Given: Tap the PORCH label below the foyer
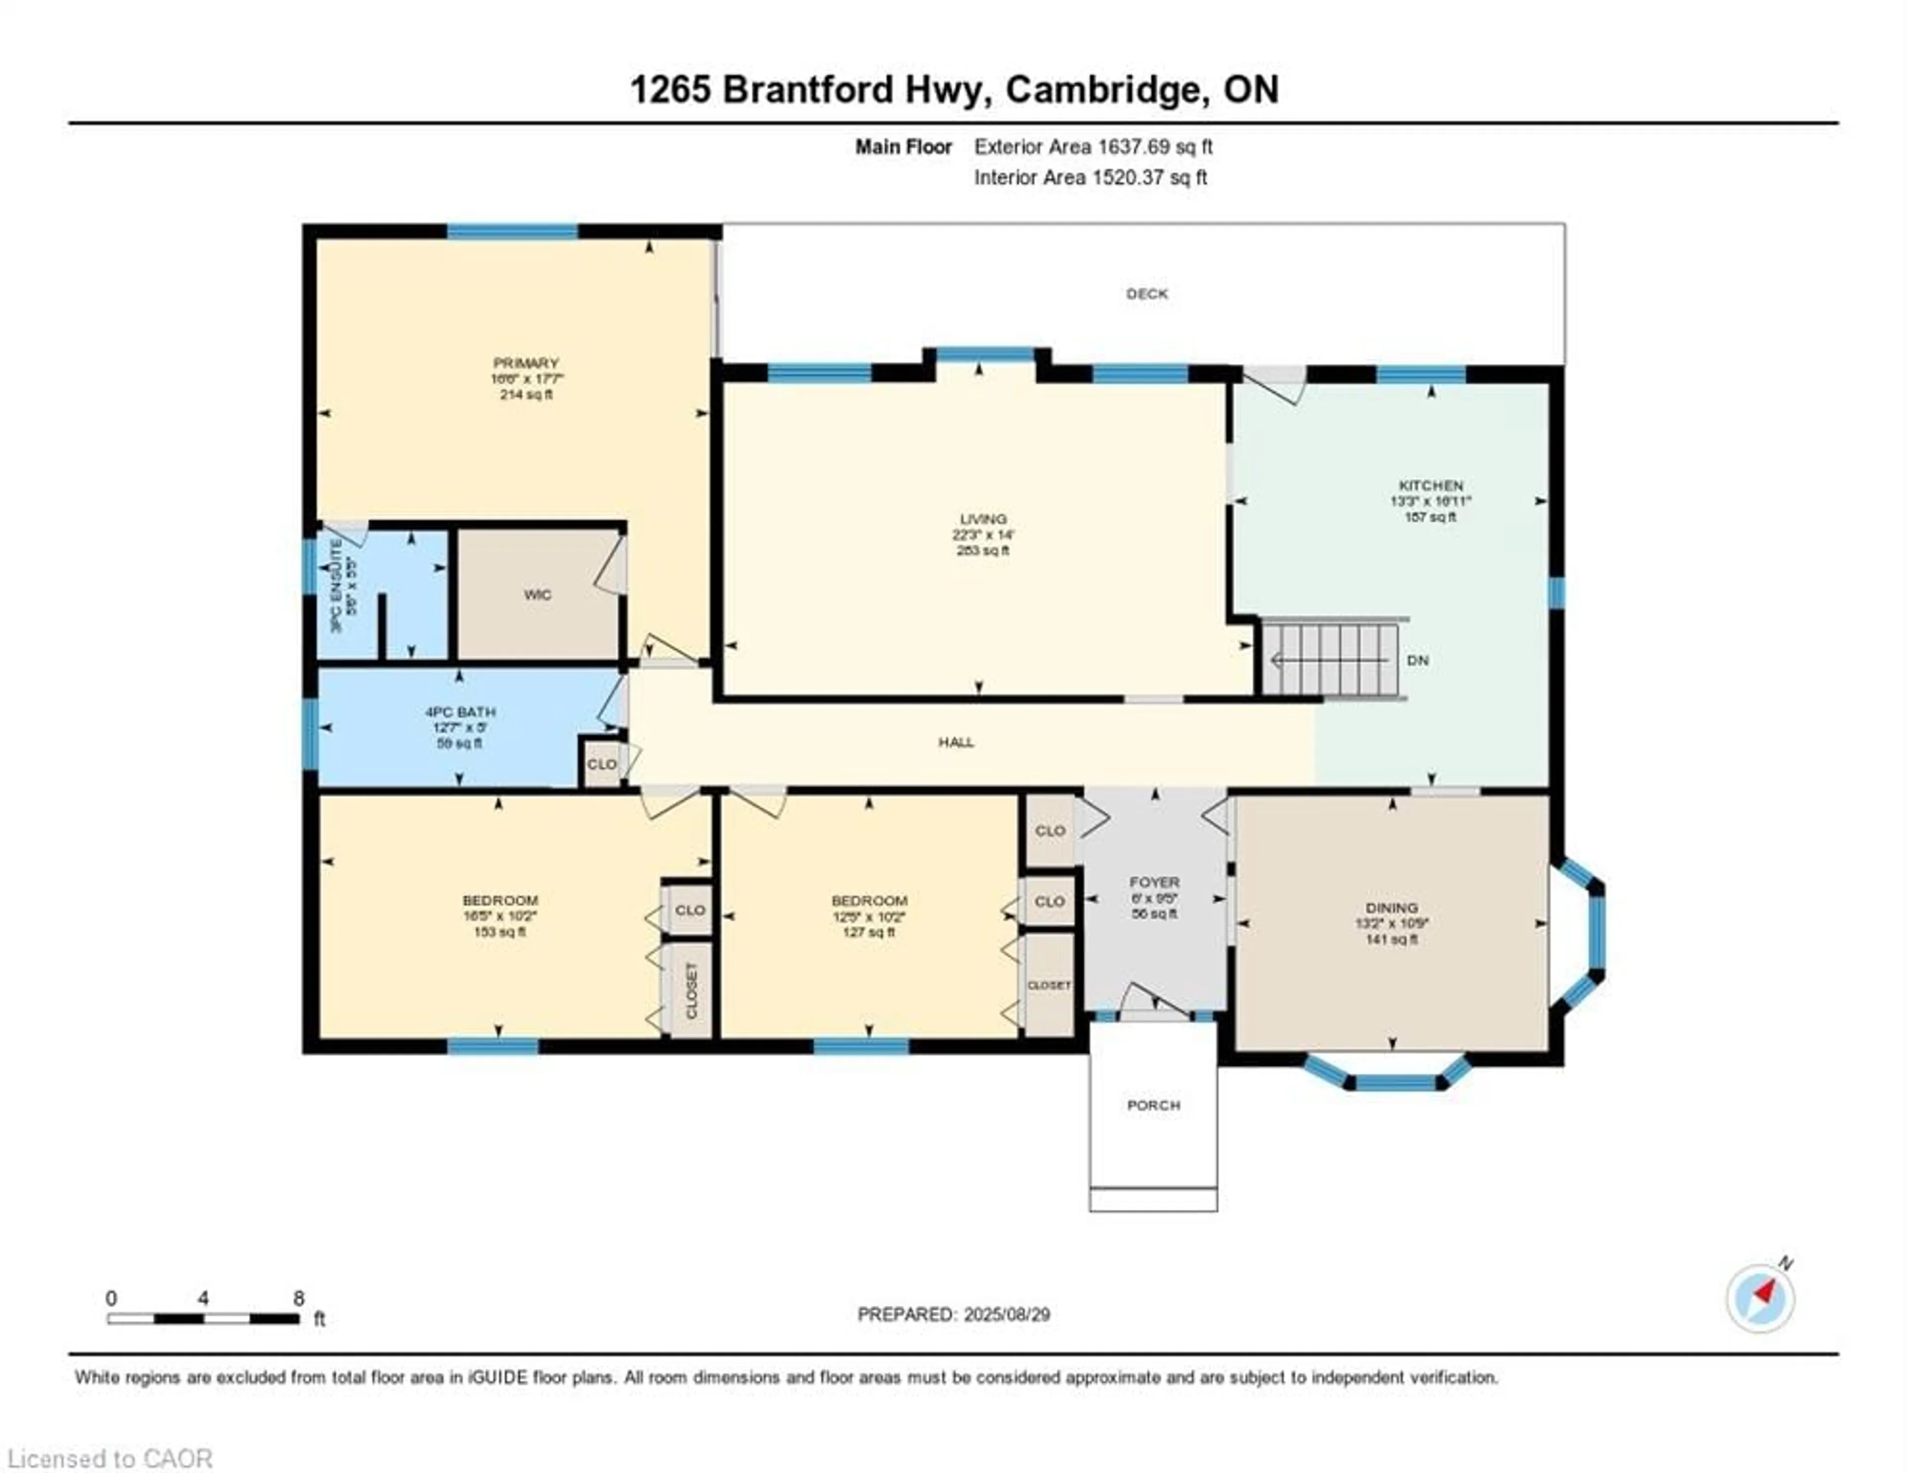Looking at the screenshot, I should point(1153,1106).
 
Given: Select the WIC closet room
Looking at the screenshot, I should point(537,595).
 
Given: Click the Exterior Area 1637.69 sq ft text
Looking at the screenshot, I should point(1093,146).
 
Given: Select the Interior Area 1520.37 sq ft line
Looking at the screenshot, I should point(1091,177).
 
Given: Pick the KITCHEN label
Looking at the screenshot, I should point(1430,486).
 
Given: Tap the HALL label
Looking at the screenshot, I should point(956,742).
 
